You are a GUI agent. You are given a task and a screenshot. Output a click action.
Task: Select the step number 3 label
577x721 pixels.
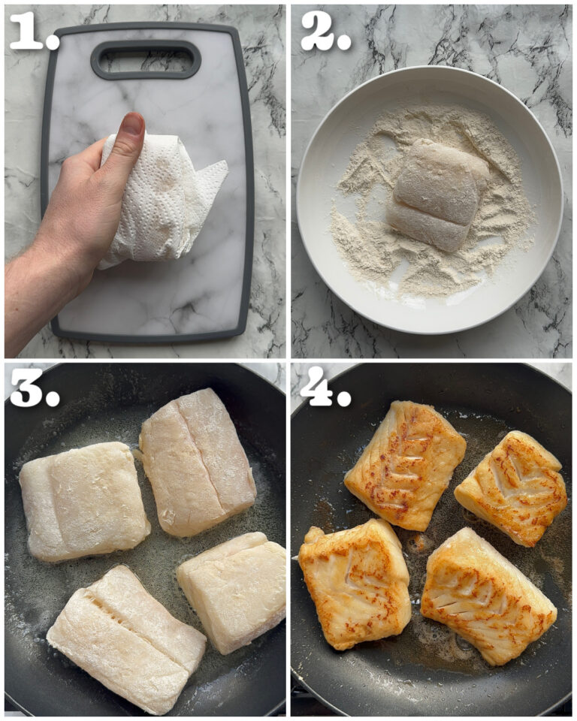(34, 388)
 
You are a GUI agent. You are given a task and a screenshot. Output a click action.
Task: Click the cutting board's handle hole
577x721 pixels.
(146, 59)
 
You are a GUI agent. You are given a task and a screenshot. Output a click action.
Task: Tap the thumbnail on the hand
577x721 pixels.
(132, 125)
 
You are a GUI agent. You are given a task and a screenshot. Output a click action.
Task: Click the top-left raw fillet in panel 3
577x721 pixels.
(84, 500)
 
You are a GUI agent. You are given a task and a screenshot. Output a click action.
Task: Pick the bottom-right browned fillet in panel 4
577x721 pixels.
(488, 593)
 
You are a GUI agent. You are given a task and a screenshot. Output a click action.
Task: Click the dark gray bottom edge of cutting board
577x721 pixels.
(150, 336)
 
